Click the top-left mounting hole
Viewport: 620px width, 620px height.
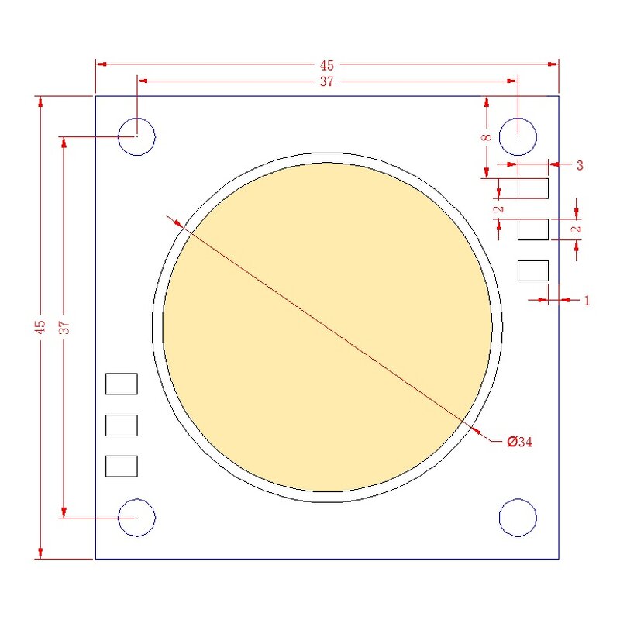click(x=136, y=137)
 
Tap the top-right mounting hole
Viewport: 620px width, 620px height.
click(x=518, y=137)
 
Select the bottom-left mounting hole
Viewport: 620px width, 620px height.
click(x=136, y=517)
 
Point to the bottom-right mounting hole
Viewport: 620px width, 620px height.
click(x=518, y=517)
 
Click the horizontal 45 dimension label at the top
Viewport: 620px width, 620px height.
click(x=327, y=65)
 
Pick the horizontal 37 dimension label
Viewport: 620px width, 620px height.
click(x=327, y=81)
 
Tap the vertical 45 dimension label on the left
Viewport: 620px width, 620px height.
click(x=40, y=327)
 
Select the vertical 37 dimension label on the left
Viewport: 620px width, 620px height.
click(x=65, y=327)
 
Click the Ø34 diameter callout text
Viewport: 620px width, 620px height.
click(x=520, y=443)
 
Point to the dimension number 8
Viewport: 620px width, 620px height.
click(x=487, y=137)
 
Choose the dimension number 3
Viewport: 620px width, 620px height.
click(x=579, y=165)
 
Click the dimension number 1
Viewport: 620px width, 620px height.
click(x=587, y=300)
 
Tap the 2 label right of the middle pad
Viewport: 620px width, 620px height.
click(x=576, y=229)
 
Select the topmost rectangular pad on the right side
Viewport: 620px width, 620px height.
click(x=532, y=188)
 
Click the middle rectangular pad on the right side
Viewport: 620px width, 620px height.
click(x=532, y=229)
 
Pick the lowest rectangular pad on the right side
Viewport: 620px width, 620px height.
click(x=532, y=270)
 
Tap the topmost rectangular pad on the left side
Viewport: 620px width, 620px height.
click(x=122, y=384)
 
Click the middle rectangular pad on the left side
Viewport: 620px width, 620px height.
click(x=122, y=425)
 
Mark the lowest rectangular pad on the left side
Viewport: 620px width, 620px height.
click(x=122, y=466)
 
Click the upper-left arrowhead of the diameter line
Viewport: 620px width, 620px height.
click(x=177, y=223)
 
